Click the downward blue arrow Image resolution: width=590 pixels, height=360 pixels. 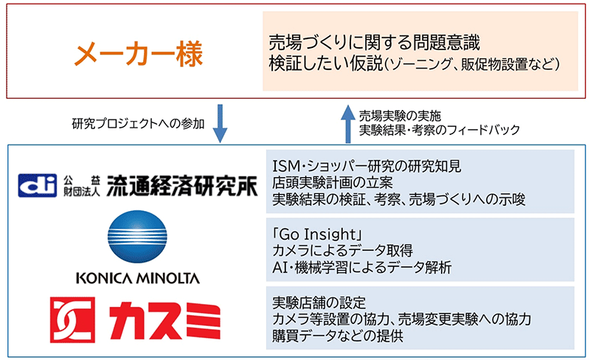220,123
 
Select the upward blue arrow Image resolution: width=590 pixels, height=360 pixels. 348,124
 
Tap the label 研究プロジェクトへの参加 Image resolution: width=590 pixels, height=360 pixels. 138,123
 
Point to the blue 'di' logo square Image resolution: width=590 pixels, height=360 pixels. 38,185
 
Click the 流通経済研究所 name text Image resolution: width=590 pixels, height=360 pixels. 182,186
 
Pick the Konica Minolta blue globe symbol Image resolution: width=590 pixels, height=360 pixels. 137,237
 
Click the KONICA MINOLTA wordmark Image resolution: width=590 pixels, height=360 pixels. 138,278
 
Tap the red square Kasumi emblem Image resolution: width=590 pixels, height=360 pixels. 72,319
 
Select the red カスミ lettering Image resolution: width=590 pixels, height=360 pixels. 165,320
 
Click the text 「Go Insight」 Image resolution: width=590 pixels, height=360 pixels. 317,235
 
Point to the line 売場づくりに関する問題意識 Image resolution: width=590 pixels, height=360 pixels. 375,43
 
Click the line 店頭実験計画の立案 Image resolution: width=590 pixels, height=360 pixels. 333,183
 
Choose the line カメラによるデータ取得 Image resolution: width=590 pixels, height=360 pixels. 342,251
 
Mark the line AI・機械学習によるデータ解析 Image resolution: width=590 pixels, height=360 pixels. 362,267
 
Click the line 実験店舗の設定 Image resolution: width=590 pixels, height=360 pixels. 319,302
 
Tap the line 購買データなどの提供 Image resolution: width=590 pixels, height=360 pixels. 338,336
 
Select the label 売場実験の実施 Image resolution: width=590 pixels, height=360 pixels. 400,116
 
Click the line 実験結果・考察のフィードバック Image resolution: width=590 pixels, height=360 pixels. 440,130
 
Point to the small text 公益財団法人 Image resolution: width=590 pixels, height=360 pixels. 82,186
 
